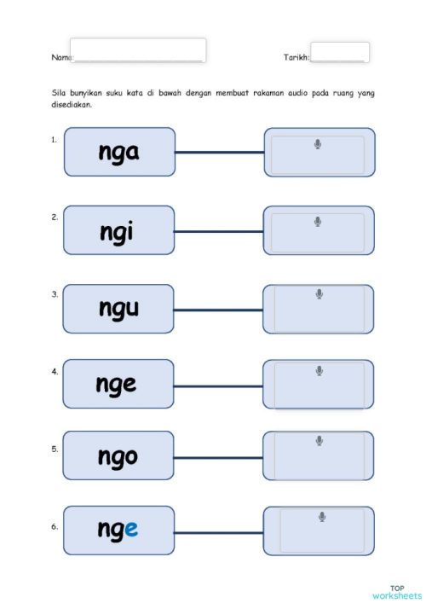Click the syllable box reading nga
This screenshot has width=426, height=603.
pyautogui.click(x=119, y=153)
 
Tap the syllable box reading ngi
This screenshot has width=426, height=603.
pyautogui.click(x=118, y=230)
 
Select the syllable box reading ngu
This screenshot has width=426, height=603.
pyautogui.click(x=118, y=309)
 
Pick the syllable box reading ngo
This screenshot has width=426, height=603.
pyautogui.click(x=118, y=456)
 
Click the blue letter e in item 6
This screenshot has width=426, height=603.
pyautogui.click(x=130, y=531)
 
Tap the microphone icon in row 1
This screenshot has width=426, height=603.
pyautogui.click(x=318, y=144)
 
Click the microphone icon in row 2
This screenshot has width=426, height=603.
pyautogui.click(x=318, y=222)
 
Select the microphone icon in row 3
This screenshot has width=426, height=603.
pyautogui.click(x=319, y=294)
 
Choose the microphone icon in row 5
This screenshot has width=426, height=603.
pyautogui.click(x=319, y=441)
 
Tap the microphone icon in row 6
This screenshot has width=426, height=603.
pyautogui.click(x=322, y=517)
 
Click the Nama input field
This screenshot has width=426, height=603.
pyautogui.click(x=138, y=50)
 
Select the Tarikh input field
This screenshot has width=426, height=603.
pyautogui.click(x=339, y=52)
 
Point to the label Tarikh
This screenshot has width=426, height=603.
pyautogui.click(x=296, y=57)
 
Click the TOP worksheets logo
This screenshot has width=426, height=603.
pyautogui.click(x=396, y=591)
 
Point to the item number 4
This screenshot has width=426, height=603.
pyautogui.click(x=55, y=372)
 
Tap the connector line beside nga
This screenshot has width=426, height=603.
pyautogui.click(x=219, y=153)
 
